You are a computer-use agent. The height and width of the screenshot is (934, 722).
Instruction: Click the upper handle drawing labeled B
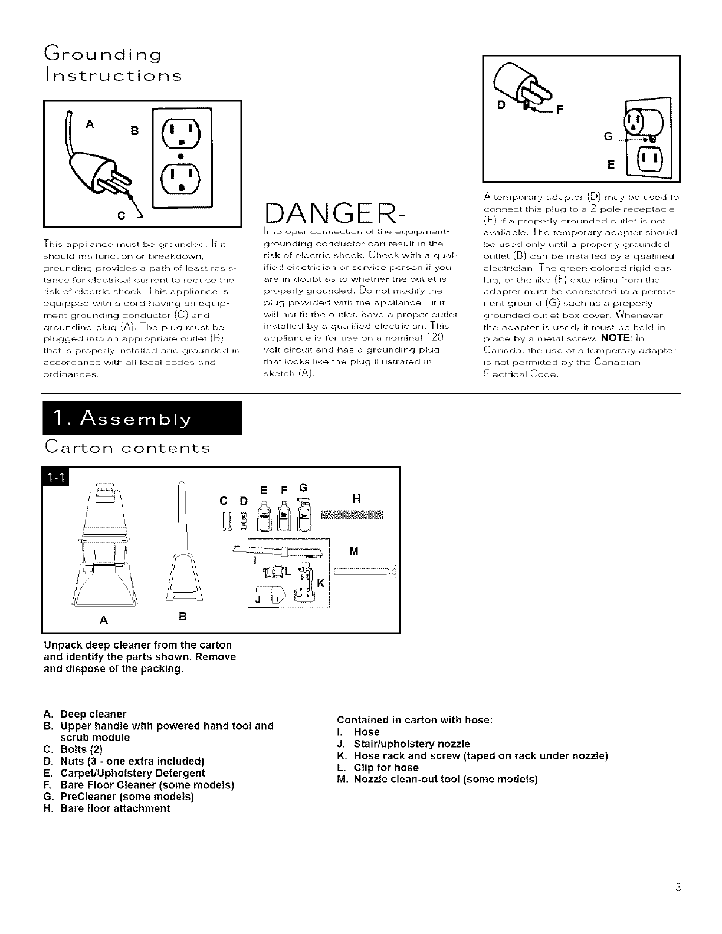tap(182, 548)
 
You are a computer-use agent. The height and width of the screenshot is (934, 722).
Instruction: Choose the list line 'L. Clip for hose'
tap(378, 768)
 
